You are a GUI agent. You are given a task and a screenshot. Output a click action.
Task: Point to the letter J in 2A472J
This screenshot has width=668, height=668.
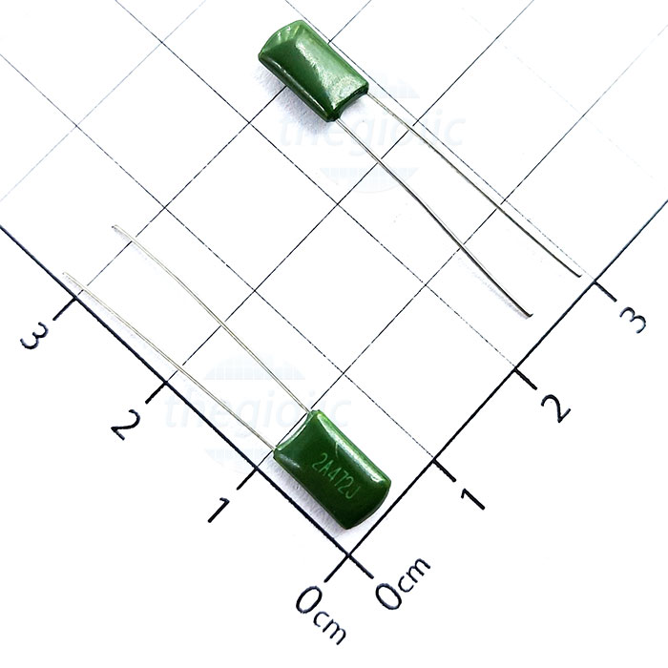pyautogui.click(x=353, y=495)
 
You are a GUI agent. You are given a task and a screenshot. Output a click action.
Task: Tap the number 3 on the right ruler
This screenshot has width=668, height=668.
pyautogui.click(x=633, y=320)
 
